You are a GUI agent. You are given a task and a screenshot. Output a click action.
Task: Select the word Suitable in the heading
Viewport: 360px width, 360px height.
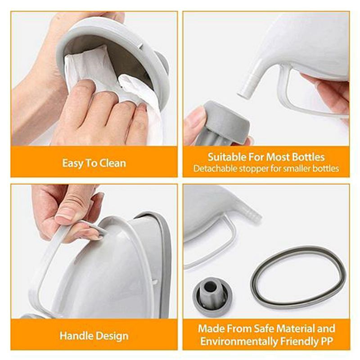coord(227,157)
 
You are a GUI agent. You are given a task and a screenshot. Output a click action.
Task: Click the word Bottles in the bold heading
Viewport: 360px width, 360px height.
coord(308,157)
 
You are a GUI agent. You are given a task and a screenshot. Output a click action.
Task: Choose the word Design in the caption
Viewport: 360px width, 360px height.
coord(112,336)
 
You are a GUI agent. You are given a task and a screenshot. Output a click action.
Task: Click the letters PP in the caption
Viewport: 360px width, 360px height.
coord(327,342)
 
